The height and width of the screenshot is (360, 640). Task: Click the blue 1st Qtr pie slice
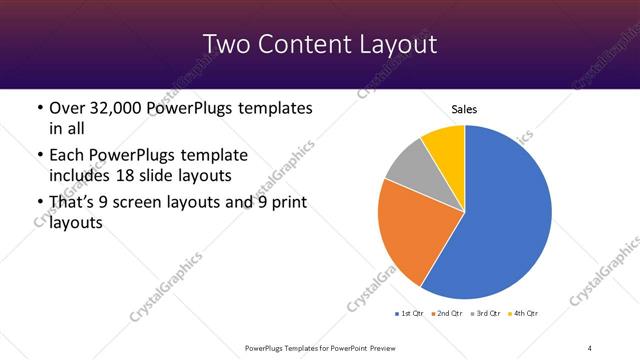pyautogui.click(x=505, y=215)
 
